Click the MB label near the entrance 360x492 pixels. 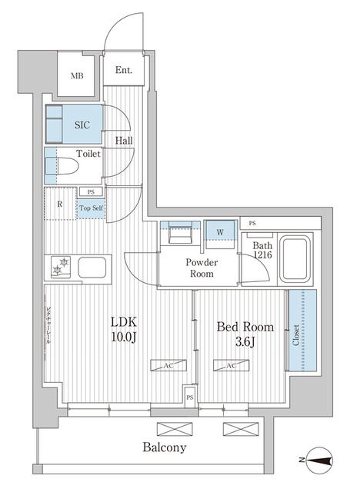click(x=78, y=75)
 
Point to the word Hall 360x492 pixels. click(x=124, y=141)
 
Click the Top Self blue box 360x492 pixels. click(x=90, y=208)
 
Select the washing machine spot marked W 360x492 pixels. click(x=221, y=231)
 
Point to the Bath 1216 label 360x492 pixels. click(x=263, y=251)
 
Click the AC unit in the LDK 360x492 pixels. click(x=167, y=366)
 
